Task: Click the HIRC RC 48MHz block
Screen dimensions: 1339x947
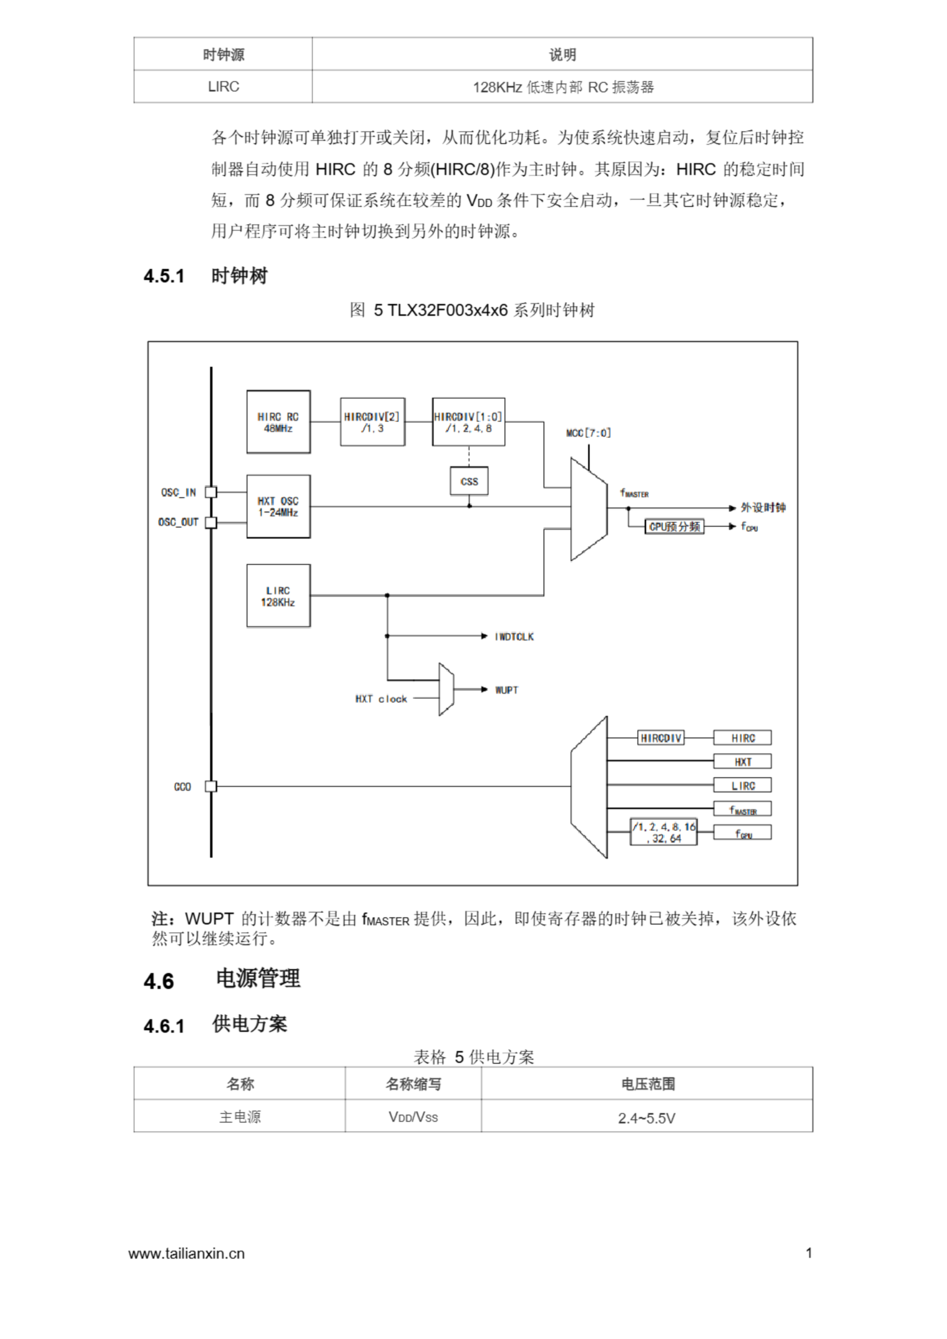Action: pos(278,422)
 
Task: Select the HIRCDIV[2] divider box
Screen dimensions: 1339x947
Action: pos(373,422)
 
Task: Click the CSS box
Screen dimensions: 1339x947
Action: pos(469,481)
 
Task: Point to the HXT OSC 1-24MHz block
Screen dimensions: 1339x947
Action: pos(278,506)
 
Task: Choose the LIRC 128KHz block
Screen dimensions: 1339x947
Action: pos(278,595)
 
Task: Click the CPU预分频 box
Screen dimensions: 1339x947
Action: pos(674,527)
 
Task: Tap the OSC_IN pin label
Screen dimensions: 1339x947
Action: pos(178,492)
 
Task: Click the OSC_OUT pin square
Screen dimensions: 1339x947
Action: pos(211,522)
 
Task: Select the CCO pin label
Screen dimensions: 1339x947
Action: pos(183,787)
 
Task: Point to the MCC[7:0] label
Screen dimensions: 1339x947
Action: pos(588,433)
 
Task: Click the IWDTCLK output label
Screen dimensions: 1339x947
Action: pos(514,636)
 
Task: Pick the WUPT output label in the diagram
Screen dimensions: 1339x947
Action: pos(506,690)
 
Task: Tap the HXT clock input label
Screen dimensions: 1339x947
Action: pos(381,699)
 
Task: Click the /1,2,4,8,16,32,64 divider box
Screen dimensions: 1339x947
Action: pos(664,832)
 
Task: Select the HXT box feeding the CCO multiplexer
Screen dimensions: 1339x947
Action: pos(742,762)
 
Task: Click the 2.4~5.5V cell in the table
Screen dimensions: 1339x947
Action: pos(647,1118)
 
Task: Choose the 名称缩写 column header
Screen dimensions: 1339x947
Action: pos(413,1084)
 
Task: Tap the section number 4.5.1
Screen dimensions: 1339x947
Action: pos(164,276)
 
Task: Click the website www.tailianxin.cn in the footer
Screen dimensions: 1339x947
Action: pos(187,1253)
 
